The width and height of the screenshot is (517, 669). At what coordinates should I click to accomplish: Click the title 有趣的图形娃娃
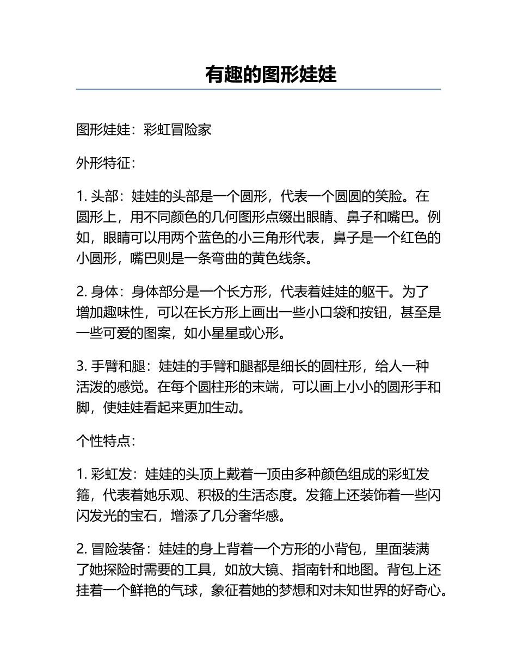[x=270, y=75]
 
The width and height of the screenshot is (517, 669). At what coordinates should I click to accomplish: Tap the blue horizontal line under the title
[x=258, y=89]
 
